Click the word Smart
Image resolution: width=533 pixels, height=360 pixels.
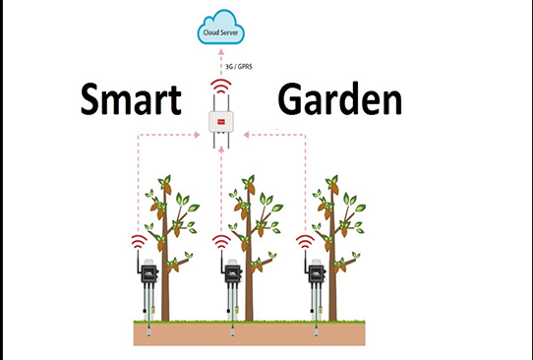132,101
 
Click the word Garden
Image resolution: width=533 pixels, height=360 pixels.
340,101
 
